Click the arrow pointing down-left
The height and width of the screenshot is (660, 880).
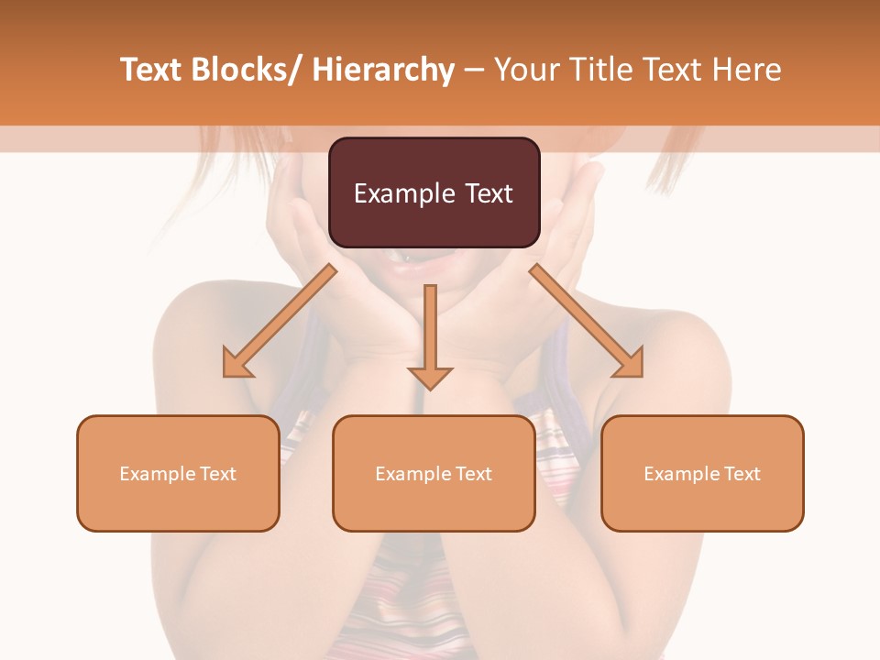(280, 321)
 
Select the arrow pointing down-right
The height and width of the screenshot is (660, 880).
(587, 321)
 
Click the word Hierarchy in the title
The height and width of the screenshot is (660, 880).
(383, 70)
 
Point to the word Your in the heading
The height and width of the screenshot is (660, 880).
(525, 70)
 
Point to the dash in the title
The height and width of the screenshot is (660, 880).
(474, 70)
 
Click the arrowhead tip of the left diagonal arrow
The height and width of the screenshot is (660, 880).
(225, 375)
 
